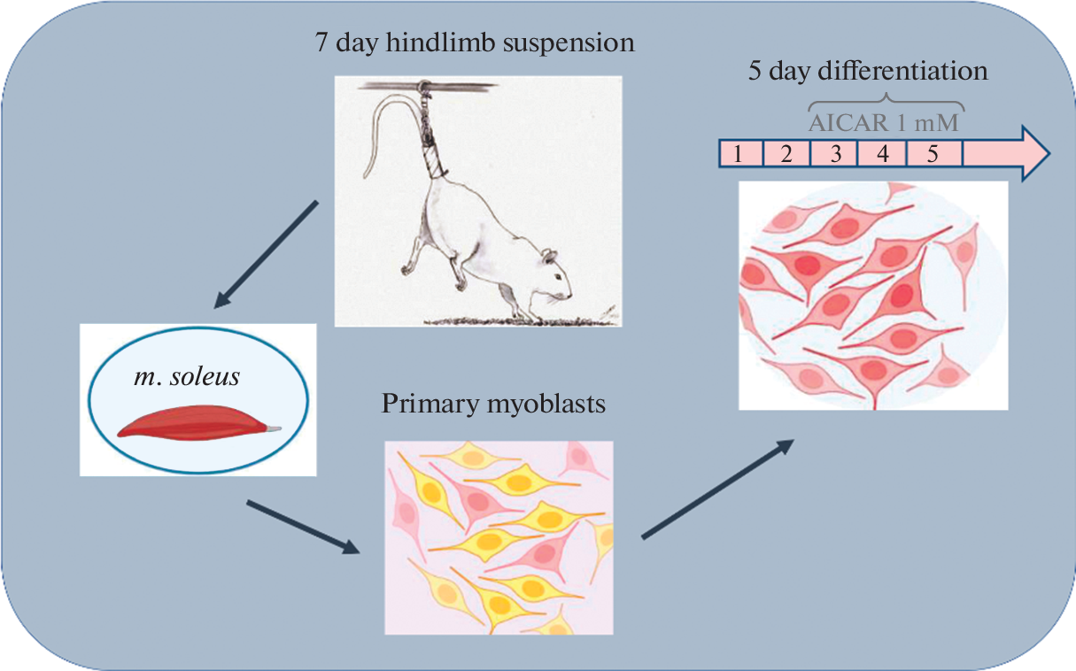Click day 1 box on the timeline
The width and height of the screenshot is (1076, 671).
[739, 154]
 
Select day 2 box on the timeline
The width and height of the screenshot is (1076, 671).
[786, 154]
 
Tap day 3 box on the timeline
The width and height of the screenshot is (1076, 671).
[834, 154]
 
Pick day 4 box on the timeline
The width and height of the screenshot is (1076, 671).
[882, 154]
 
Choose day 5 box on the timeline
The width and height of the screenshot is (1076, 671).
[933, 154]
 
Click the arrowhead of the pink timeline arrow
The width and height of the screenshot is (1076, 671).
[1033, 154]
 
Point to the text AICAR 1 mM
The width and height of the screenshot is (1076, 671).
[883, 121]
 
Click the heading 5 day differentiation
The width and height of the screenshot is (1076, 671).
[868, 71]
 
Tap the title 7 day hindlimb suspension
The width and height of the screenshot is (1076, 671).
[475, 42]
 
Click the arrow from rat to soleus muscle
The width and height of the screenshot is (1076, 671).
[266, 255]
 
